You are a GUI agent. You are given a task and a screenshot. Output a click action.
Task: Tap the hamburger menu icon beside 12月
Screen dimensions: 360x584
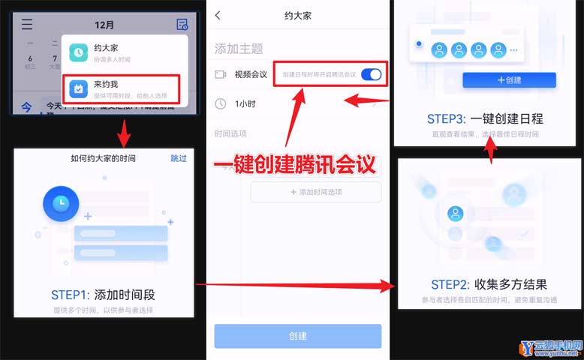(27, 25)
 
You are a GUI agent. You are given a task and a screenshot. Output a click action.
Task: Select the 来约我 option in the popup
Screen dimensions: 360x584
(121, 89)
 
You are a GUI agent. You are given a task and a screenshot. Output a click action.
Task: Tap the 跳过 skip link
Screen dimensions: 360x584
(179, 158)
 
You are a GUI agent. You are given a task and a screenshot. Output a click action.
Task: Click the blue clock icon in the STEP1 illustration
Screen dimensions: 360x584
(62, 203)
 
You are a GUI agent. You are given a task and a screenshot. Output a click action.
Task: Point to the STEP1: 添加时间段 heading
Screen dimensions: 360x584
(104, 295)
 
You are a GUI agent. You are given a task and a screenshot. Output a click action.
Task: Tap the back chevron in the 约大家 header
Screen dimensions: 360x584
(218, 16)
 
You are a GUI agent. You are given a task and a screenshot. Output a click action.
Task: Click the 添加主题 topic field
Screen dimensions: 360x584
(239, 49)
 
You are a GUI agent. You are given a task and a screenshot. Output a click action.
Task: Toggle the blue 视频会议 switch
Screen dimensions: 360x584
(371, 74)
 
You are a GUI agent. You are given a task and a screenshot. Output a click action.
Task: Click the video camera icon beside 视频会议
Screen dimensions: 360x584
(221, 74)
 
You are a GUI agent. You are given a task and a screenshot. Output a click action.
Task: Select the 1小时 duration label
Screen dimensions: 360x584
(246, 103)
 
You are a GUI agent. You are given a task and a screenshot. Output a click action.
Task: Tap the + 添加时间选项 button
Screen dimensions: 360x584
(316, 192)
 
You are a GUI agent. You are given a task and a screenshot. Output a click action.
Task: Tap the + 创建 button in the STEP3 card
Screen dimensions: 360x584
(509, 80)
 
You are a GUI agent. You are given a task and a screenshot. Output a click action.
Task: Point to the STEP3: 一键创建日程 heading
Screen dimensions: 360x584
(485, 118)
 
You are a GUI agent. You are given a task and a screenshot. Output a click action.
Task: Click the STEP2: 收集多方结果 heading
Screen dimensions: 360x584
(489, 284)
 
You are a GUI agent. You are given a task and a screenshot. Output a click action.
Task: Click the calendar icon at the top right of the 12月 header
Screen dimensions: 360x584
(182, 25)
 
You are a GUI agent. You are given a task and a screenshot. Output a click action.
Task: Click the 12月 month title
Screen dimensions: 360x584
(104, 25)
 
